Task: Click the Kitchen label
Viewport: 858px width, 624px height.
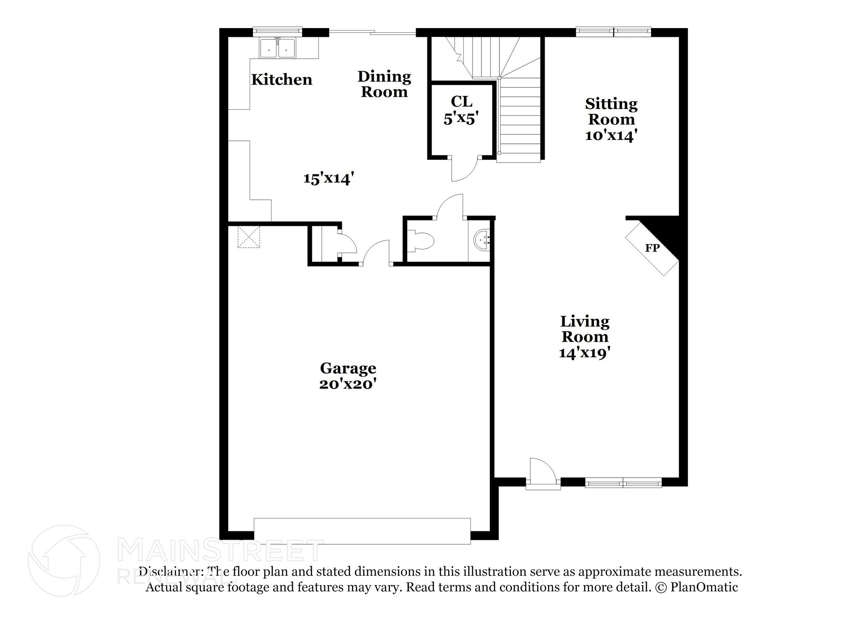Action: coord(282,80)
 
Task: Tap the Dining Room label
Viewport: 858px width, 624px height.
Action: coord(384,84)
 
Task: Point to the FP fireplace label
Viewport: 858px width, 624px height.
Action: coord(652,248)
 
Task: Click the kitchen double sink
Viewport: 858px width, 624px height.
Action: coord(277,48)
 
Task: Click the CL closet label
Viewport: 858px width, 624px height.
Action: coord(461,101)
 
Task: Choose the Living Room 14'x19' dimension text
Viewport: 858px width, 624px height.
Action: coord(584,353)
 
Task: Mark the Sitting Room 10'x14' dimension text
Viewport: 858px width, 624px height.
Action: coord(611,135)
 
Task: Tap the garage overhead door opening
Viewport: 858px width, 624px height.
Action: coord(362,531)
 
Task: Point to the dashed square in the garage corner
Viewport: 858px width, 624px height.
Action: coord(249,237)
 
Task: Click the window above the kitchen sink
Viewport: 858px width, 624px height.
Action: coord(277,32)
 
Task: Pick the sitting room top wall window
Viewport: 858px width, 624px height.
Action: coord(613,32)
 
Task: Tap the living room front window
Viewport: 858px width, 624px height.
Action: coord(623,483)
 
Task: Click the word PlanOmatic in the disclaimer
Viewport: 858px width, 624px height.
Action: coord(704,587)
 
